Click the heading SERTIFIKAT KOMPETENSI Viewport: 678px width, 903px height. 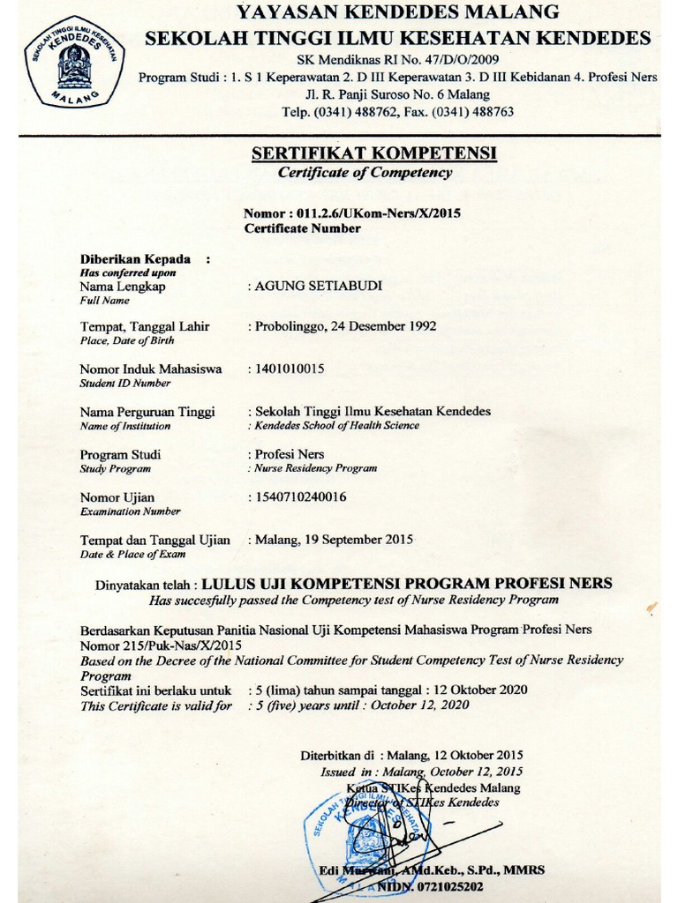[374, 154]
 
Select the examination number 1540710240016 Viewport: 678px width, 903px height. [300, 496]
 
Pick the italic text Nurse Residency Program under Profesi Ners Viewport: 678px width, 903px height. [316, 468]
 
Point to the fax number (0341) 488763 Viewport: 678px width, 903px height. [470, 112]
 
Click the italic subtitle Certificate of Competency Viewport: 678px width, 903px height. [365, 173]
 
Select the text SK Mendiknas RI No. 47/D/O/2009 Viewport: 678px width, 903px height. [397, 59]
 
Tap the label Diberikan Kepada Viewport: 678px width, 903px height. [135, 259]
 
